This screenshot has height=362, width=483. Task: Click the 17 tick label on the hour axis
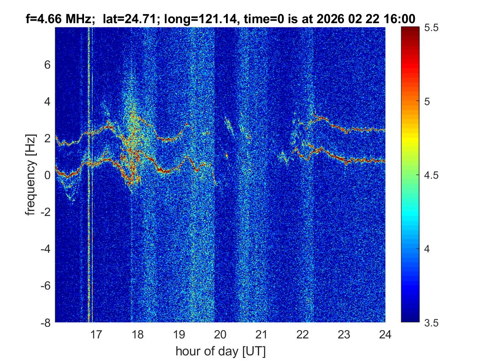click(x=96, y=334)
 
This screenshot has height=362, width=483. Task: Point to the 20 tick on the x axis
click(x=220, y=334)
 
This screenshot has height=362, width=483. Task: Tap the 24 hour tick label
click(x=385, y=334)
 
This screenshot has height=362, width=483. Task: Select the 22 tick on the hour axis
click(x=303, y=334)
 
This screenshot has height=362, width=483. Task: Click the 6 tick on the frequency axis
click(x=47, y=65)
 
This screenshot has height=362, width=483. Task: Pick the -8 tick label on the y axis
click(x=45, y=322)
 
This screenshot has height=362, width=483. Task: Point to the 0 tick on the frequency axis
click(x=47, y=175)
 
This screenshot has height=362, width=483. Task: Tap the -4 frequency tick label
click(x=45, y=249)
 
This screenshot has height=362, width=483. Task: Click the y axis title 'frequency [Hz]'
click(x=30, y=175)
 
